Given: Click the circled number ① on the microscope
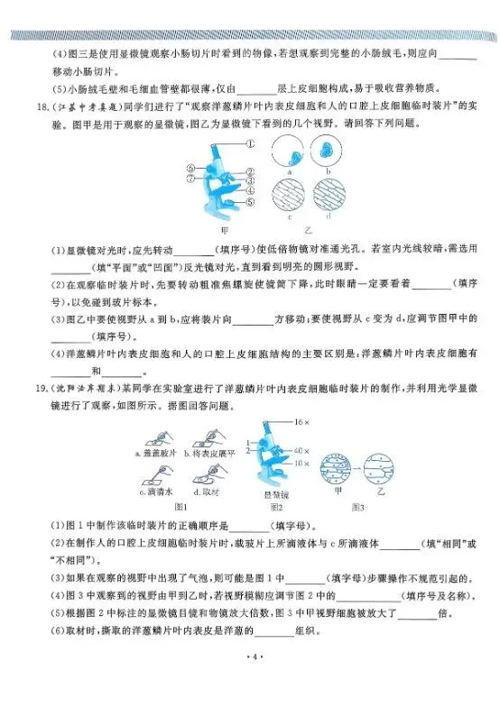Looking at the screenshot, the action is (249, 143).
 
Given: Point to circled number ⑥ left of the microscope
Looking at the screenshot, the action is (190, 167).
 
